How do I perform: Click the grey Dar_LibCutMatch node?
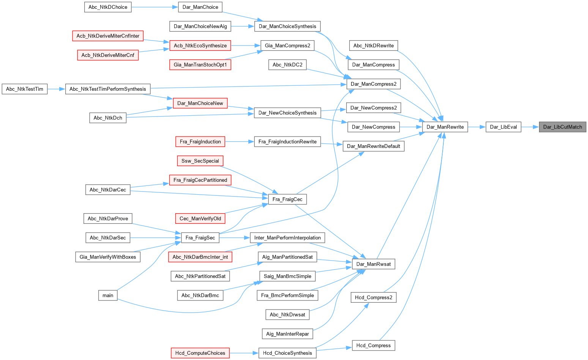click(x=563, y=127)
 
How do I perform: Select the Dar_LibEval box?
click(x=503, y=127)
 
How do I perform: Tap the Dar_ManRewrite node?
click(x=445, y=127)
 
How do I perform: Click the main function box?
click(x=108, y=296)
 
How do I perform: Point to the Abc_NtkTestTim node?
click(x=25, y=89)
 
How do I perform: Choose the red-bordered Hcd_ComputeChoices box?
click(x=200, y=353)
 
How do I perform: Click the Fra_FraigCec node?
click(x=287, y=200)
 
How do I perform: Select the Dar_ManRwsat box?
click(x=374, y=264)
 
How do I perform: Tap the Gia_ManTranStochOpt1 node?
click(x=200, y=65)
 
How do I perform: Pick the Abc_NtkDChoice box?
click(x=108, y=7)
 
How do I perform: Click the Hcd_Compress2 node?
click(x=374, y=297)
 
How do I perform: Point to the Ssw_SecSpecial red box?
click(x=200, y=161)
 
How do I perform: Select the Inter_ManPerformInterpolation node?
click(x=287, y=238)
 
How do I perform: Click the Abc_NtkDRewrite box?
click(x=374, y=46)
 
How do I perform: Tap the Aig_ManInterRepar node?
click(x=287, y=334)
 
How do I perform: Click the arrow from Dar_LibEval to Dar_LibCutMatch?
click(x=530, y=127)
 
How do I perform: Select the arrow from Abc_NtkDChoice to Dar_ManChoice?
click(x=155, y=7)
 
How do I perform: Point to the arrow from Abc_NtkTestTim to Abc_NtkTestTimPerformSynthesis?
click(x=57, y=89)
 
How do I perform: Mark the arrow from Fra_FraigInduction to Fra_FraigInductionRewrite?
click(x=240, y=142)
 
